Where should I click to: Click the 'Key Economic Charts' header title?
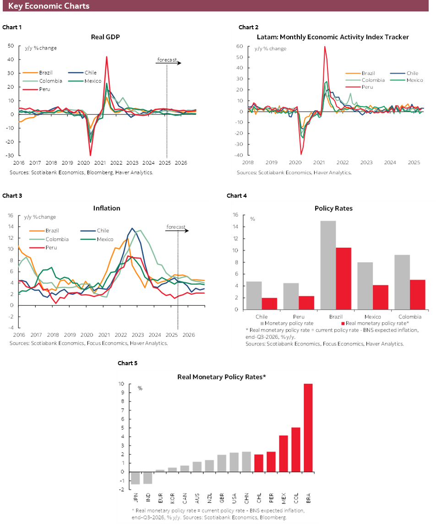tap(49, 6)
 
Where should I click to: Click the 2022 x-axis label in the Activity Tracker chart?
tap(343, 162)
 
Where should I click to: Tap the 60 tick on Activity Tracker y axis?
tap(239, 46)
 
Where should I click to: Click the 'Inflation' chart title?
tap(107, 208)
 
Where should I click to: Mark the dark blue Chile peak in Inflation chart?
tap(132, 229)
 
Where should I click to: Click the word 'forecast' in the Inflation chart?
tap(175, 227)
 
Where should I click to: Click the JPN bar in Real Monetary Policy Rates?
tap(135, 477)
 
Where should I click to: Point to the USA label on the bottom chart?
tap(234, 498)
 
